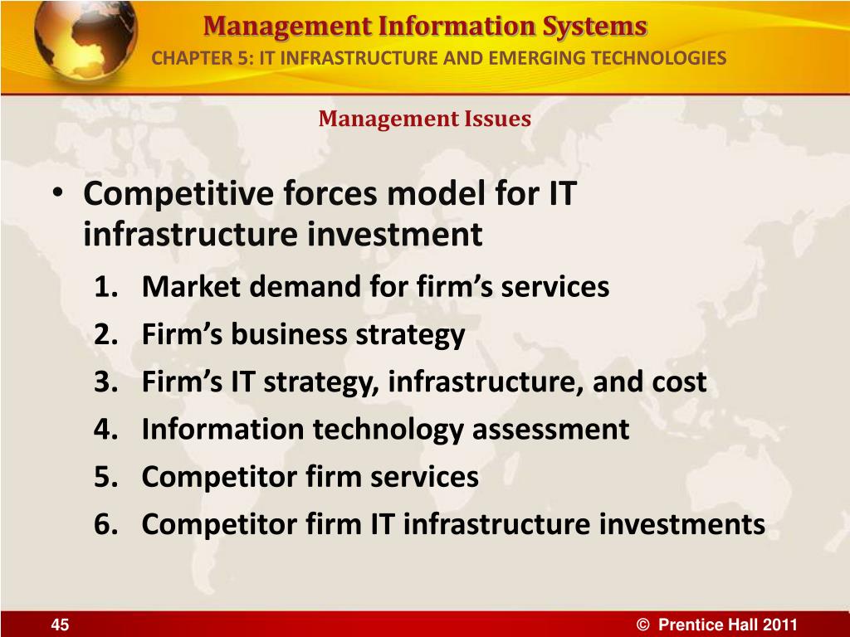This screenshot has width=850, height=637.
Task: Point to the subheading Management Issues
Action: [424, 119]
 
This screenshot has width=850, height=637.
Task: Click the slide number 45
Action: [60, 625]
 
